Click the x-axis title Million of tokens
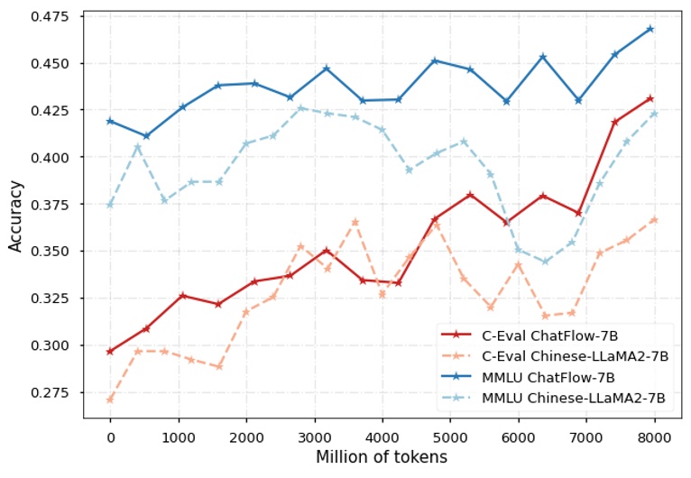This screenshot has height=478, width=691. point(381,458)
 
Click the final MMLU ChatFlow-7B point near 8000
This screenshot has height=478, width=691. point(650,29)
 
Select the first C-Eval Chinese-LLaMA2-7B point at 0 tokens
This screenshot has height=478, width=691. point(110,399)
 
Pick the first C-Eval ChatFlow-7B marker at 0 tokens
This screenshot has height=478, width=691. point(110,351)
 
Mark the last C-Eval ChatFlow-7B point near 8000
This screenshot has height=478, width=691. point(650,98)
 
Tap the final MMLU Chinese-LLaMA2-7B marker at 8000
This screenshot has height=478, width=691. point(654,114)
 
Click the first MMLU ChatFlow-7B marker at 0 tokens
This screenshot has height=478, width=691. point(110,121)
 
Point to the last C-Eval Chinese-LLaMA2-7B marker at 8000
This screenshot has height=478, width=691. point(654,219)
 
